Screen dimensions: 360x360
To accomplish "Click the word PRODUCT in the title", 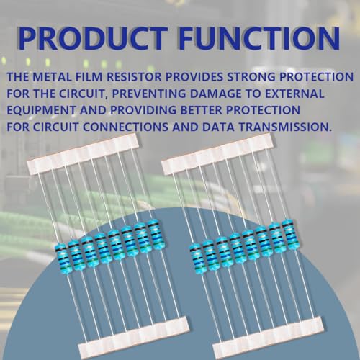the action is point(93,38).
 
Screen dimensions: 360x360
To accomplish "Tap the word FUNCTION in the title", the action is point(259,38).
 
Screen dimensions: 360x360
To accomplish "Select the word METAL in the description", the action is point(52,76).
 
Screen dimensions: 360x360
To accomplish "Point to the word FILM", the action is point(89,76).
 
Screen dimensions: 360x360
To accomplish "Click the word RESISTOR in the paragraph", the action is point(134,76).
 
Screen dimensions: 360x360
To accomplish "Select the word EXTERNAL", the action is point(294,94).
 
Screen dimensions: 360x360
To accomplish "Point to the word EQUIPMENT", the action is point(41,110).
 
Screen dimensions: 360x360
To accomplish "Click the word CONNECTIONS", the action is point(125,127).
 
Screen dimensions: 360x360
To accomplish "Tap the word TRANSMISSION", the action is point(285,127).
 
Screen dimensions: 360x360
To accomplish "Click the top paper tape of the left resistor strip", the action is point(83,154).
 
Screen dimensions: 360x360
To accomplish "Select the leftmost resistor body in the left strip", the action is point(62,257).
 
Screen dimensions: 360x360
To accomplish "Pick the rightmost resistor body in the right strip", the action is point(289,234).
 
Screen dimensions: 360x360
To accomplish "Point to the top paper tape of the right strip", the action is point(217,153).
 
